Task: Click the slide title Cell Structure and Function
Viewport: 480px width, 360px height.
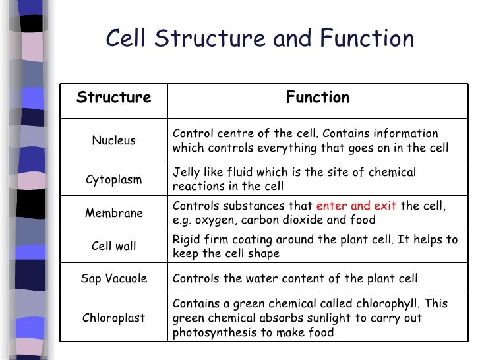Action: pos(260,40)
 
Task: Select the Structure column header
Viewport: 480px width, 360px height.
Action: pos(113,98)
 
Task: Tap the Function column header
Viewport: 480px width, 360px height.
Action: pos(317,98)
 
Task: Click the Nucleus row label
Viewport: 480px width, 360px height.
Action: pos(113,140)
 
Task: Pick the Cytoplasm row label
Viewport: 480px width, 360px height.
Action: pos(113,179)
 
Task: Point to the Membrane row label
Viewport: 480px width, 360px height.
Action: pos(113,213)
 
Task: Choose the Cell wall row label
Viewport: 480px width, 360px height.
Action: pos(113,246)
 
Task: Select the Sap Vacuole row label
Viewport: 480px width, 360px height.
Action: pos(113,278)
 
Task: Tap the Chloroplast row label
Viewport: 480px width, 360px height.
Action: pos(113,318)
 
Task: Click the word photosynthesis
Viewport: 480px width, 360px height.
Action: pos(210,332)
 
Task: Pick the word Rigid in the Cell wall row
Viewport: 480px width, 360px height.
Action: pos(187,239)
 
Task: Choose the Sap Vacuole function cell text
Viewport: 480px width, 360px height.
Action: pos(295,278)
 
